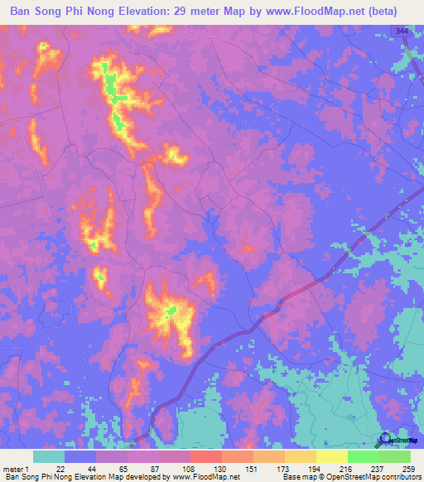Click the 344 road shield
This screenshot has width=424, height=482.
[402, 31]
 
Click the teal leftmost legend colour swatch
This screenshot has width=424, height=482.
[49, 456]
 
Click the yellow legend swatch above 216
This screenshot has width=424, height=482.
[331, 456]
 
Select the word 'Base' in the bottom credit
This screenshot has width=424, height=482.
[289, 477]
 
